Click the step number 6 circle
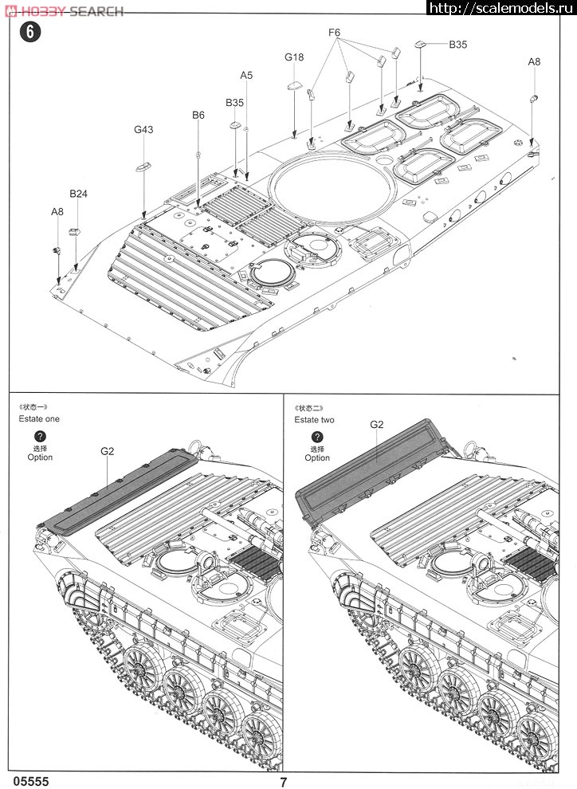coord(30,33)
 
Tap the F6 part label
coord(334,33)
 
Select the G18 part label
coord(294,57)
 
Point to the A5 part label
coord(246,75)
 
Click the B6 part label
coord(198,116)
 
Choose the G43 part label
coord(143,130)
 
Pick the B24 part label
coord(78,194)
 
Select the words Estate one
coord(39,418)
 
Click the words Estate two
coord(314,419)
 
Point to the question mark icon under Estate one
coord(41,437)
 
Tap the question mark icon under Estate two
coord(316,437)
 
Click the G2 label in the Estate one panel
coord(108,451)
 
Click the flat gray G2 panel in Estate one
coord(112,491)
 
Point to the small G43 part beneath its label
coord(143,167)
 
